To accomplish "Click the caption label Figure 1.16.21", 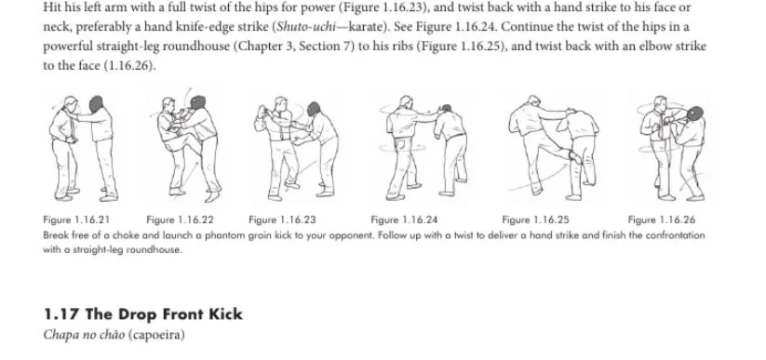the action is click(76, 220).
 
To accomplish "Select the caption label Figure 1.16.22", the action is click(180, 220).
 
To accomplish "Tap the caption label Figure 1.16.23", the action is click(282, 220).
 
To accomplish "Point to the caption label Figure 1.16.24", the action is click(404, 220).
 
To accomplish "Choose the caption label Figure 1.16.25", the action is click(535, 220).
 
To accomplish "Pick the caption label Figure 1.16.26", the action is click(662, 220).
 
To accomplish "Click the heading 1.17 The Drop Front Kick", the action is click(143, 314).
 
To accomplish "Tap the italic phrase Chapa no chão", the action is click(84, 335).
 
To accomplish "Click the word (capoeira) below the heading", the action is click(156, 335).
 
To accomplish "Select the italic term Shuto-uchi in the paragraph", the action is click(306, 26).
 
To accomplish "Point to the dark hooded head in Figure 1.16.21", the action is click(96, 104).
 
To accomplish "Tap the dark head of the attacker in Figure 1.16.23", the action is click(313, 109).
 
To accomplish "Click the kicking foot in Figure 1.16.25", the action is click(575, 157).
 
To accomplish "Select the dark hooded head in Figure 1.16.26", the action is click(694, 113).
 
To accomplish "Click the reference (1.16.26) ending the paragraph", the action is click(129, 65).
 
